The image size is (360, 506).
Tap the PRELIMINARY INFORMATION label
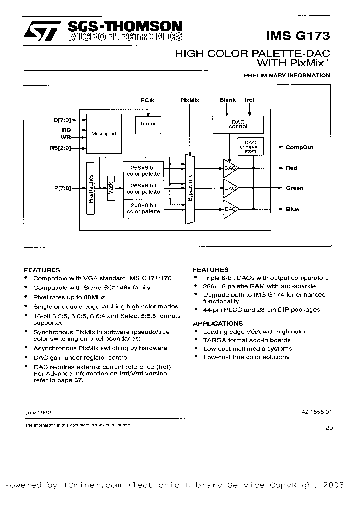click(287, 75)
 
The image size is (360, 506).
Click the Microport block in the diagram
click(103, 134)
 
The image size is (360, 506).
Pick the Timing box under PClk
click(148, 124)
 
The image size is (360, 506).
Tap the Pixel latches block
click(91, 188)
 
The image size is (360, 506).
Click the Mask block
click(111, 188)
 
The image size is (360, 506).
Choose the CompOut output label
click(299, 147)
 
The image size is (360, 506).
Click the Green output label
click(294, 188)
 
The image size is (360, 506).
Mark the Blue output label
click(292, 209)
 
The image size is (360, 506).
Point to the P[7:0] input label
click(63, 188)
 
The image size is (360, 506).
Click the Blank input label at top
click(227, 100)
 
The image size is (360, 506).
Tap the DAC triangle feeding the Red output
click(230, 168)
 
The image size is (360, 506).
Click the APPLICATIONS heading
click(217, 323)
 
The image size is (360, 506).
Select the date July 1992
click(37, 413)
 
